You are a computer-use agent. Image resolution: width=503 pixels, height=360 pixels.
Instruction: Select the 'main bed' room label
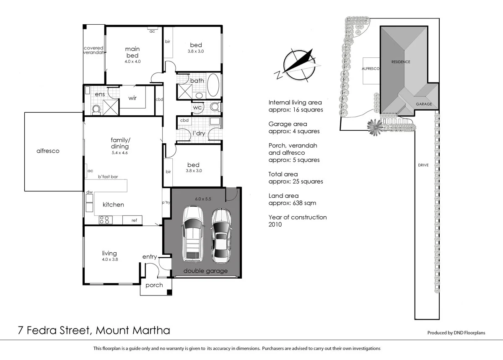click(x=132, y=52)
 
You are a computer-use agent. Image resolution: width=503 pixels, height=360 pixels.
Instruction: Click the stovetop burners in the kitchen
click(x=104, y=220)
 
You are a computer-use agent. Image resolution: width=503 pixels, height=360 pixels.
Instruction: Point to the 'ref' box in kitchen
click(x=134, y=220)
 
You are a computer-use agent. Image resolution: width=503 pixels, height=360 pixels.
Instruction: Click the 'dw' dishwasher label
click(x=89, y=192)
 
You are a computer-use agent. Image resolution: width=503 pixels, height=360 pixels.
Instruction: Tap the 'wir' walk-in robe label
click(x=132, y=98)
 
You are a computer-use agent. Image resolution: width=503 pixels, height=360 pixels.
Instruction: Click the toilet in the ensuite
click(x=96, y=109)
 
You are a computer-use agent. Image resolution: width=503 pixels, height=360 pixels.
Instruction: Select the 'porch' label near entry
click(x=154, y=285)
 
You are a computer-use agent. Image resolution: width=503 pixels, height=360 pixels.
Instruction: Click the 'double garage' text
click(x=205, y=271)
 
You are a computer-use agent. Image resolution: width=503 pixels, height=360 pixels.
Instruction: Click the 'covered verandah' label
click(x=93, y=50)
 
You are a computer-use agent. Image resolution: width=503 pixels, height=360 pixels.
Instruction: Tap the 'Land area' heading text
click(x=283, y=196)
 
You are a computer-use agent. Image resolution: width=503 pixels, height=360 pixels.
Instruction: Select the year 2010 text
click(x=275, y=225)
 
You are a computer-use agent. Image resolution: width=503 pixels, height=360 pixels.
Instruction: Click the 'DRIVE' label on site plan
click(x=423, y=165)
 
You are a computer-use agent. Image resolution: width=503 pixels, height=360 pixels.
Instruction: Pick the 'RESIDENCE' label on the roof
click(x=401, y=62)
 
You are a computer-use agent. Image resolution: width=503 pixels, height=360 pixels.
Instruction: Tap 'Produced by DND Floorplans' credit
click(x=456, y=333)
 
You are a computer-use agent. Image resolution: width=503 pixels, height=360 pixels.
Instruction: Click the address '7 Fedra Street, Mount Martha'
click(x=94, y=331)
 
